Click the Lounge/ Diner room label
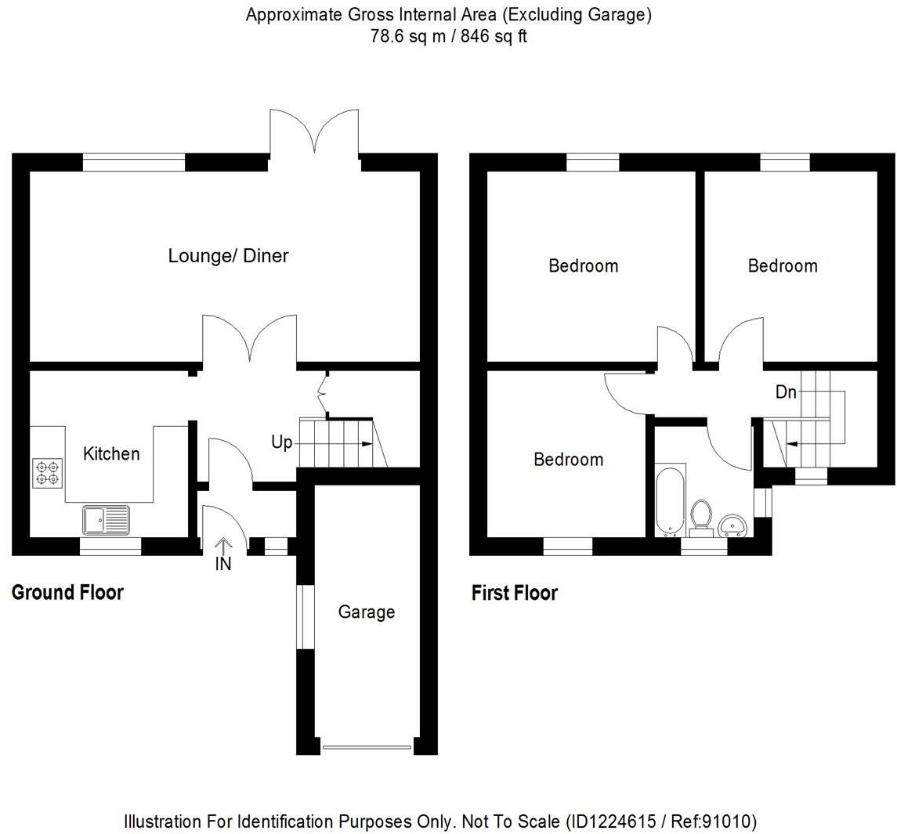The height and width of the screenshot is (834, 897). pos(228,256)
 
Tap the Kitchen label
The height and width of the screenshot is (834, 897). pos(111,453)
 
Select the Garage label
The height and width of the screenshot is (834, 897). pos(366,612)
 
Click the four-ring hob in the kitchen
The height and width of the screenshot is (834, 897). pos(46,472)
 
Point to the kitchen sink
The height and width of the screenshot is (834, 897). pos(106,519)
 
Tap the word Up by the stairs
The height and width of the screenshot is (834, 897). pos(281,442)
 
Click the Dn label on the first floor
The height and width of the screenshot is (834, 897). pos(786,392)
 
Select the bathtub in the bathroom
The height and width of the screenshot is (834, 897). pos(671,501)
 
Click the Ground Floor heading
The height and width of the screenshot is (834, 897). pos(67,593)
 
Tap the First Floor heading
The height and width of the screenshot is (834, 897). pos(514,593)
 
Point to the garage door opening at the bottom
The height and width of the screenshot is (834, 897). pos(367,746)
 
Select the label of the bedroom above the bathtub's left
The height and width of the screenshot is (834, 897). pos(568,459)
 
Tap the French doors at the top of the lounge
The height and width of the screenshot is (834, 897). pos(314,133)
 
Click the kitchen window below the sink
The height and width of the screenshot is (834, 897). pos(110,546)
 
